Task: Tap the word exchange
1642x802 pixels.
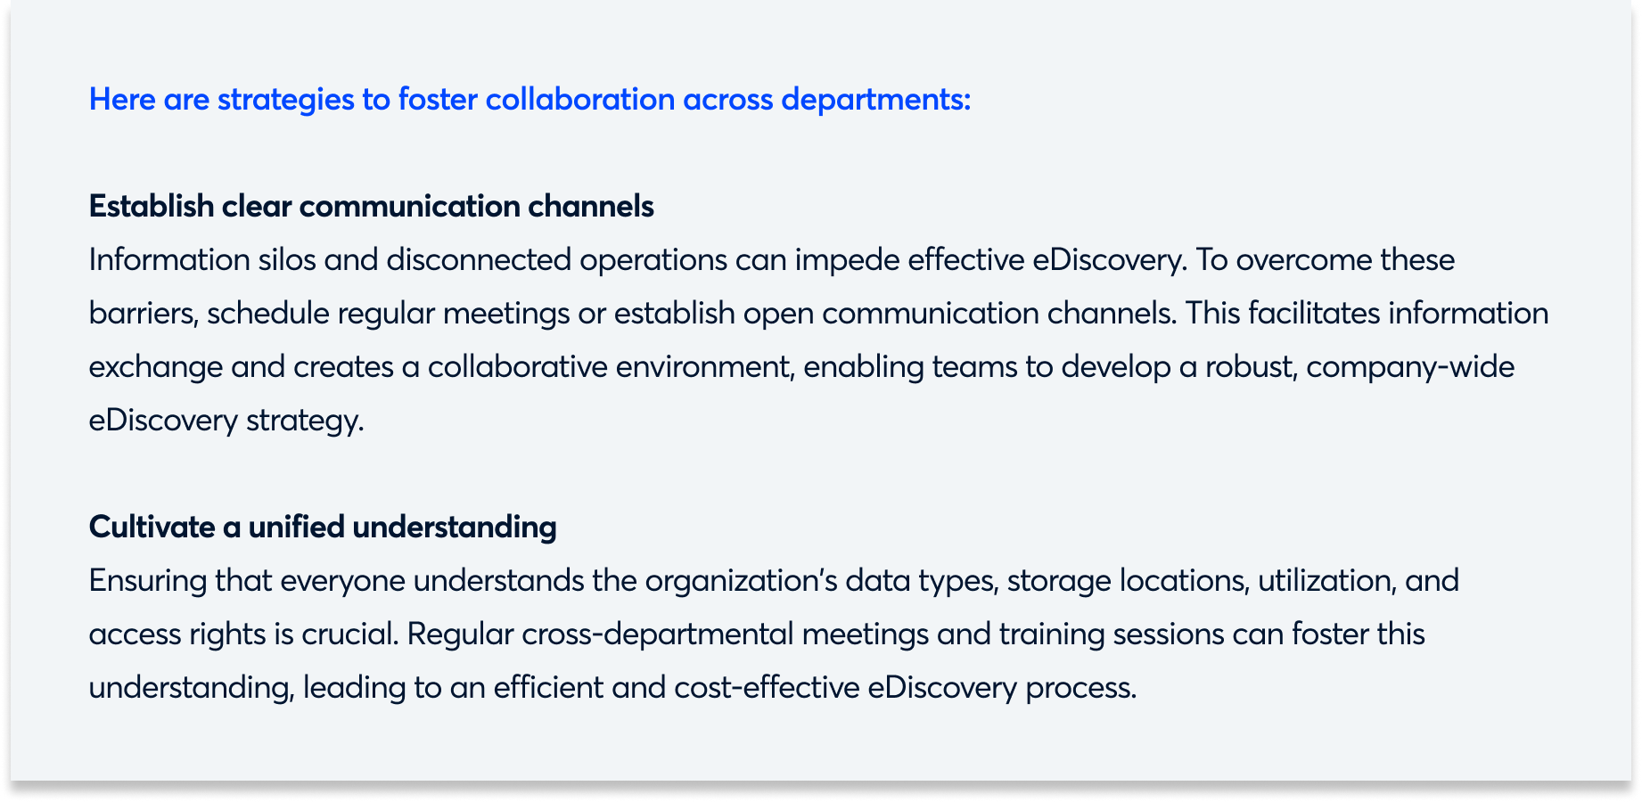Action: (x=155, y=367)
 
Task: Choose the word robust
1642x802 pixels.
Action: (x=1251, y=367)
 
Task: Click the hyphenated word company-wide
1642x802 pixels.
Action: (x=1410, y=367)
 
